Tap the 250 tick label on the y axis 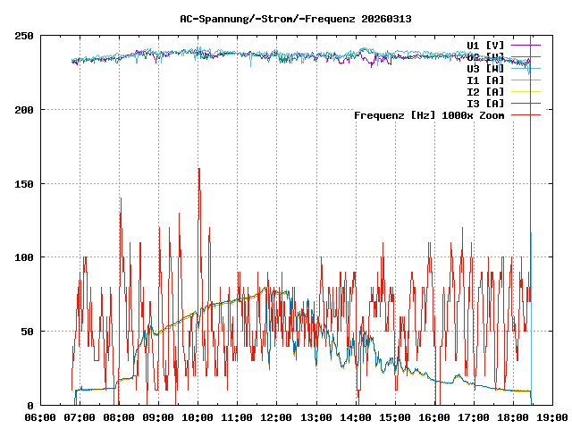tap(23, 36)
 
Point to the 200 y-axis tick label tap(23, 110)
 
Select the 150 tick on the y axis tap(23, 184)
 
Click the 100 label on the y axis tap(23, 257)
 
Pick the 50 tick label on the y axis tap(27, 332)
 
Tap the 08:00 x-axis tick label tap(119, 416)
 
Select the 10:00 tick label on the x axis tap(198, 416)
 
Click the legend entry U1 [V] tap(485, 45)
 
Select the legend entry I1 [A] tap(485, 80)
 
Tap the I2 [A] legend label tap(485, 91)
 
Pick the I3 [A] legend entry tap(485, 103)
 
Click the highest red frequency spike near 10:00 tap(198, 170)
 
